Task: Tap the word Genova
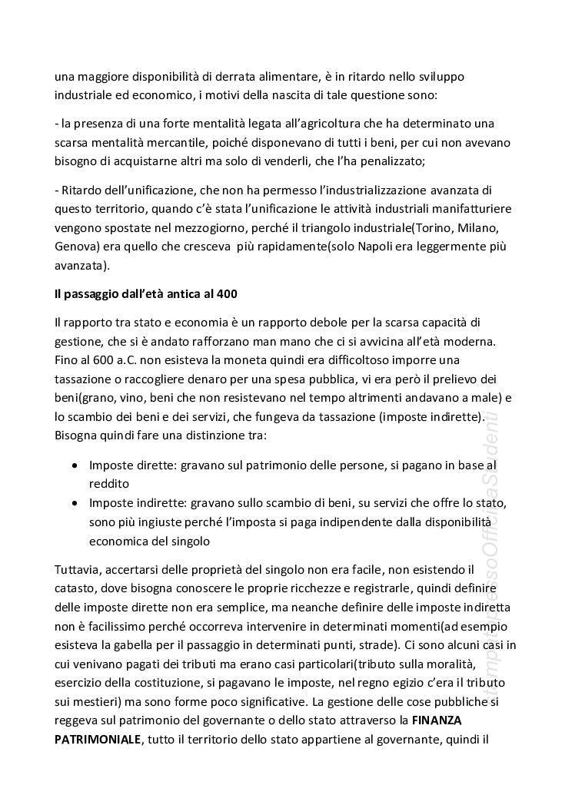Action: (x=77, y=247)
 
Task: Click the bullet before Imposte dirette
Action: (x=74, y=466)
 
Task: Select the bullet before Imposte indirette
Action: (x=74, y=503)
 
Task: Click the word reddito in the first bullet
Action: (x=109, y=485)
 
